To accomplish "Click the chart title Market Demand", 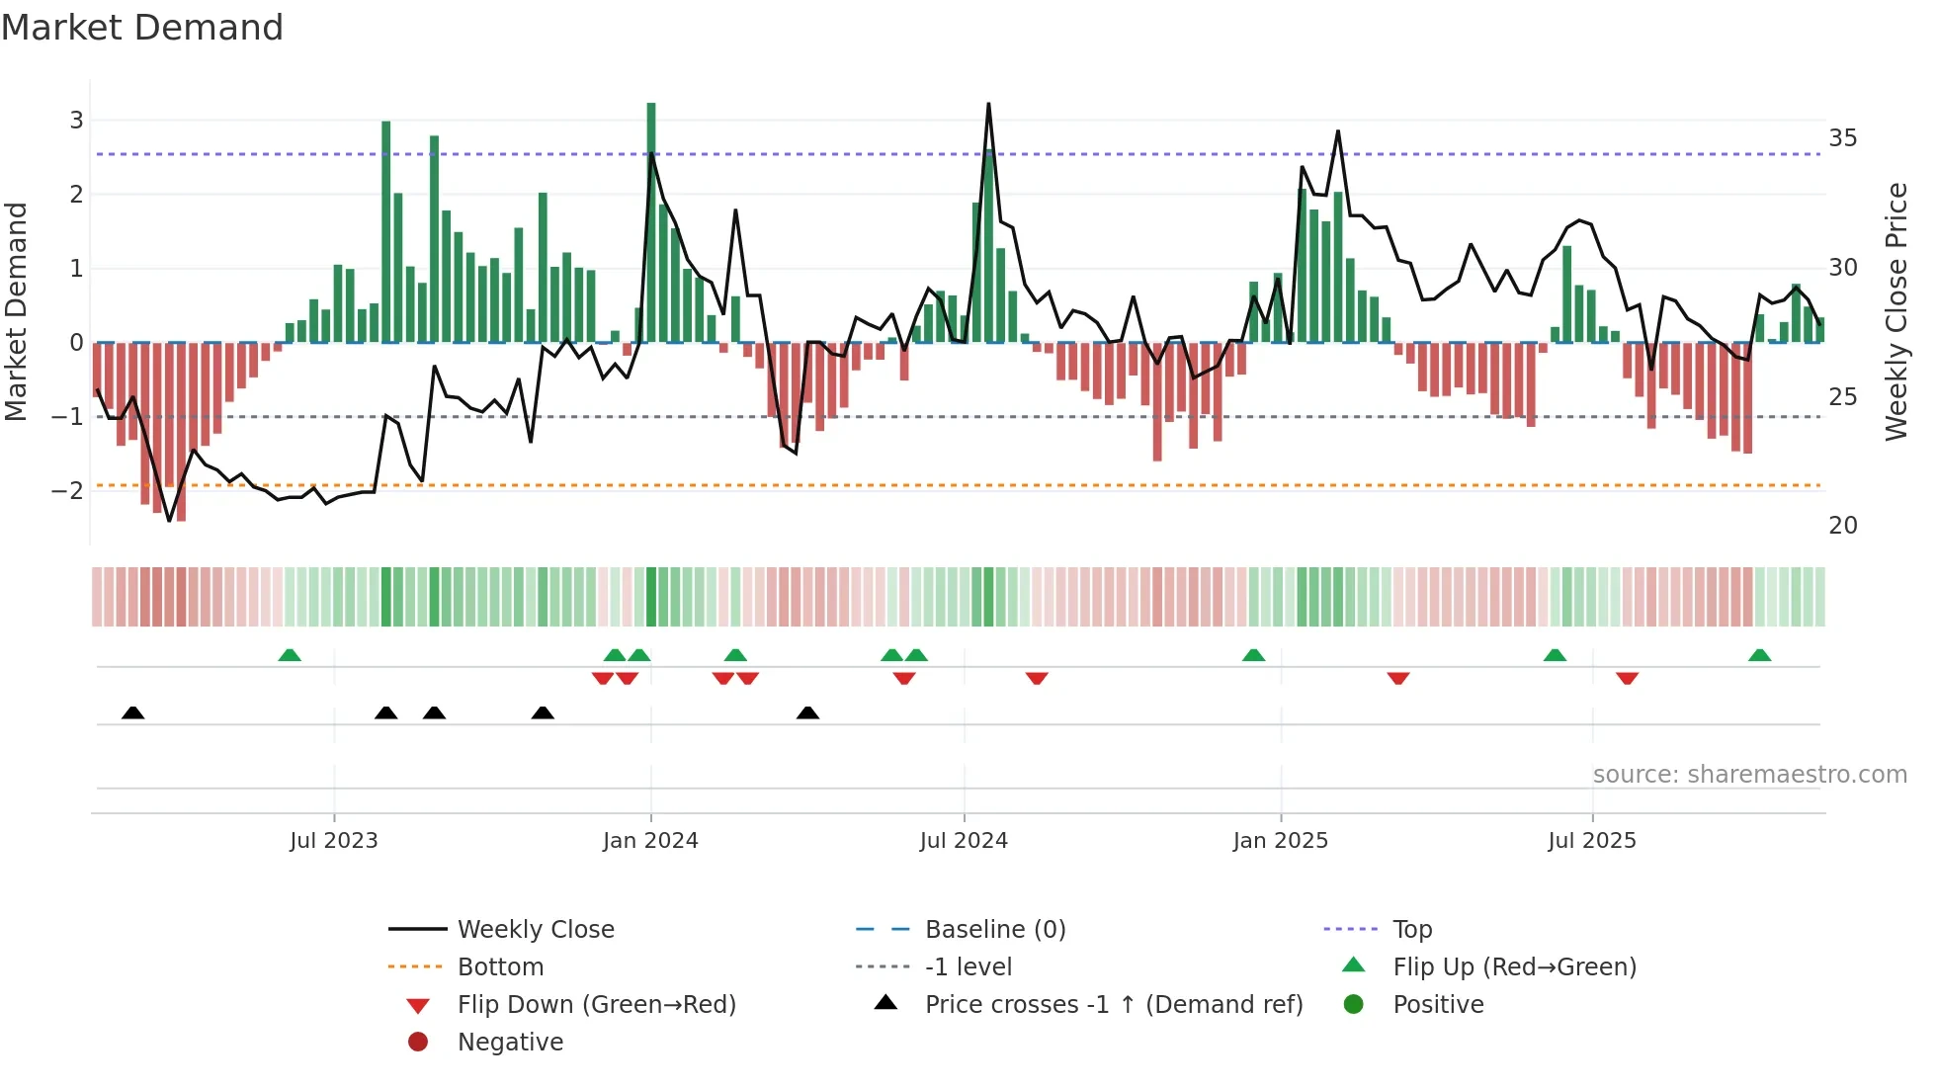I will [x=142, y=28].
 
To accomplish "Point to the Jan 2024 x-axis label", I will [x=650, y=841].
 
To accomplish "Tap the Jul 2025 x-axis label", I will [x=1592, y=841].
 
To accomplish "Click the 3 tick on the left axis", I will [x=76, y=121].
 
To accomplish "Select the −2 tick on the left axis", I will [x=69, y=491].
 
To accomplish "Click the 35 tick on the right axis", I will [x=1843, y=138].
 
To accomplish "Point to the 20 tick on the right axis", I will [x=1843, y=526].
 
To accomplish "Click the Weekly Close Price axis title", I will [x=1896, y=311].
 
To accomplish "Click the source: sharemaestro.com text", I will [x=1749, y=775].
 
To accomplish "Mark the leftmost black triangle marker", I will [x=133, y=712].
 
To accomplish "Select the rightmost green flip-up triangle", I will [x=1759, y=655].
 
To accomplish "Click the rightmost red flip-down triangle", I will [x=1628, y=678].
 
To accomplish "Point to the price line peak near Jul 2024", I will [x=988, y=105].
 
